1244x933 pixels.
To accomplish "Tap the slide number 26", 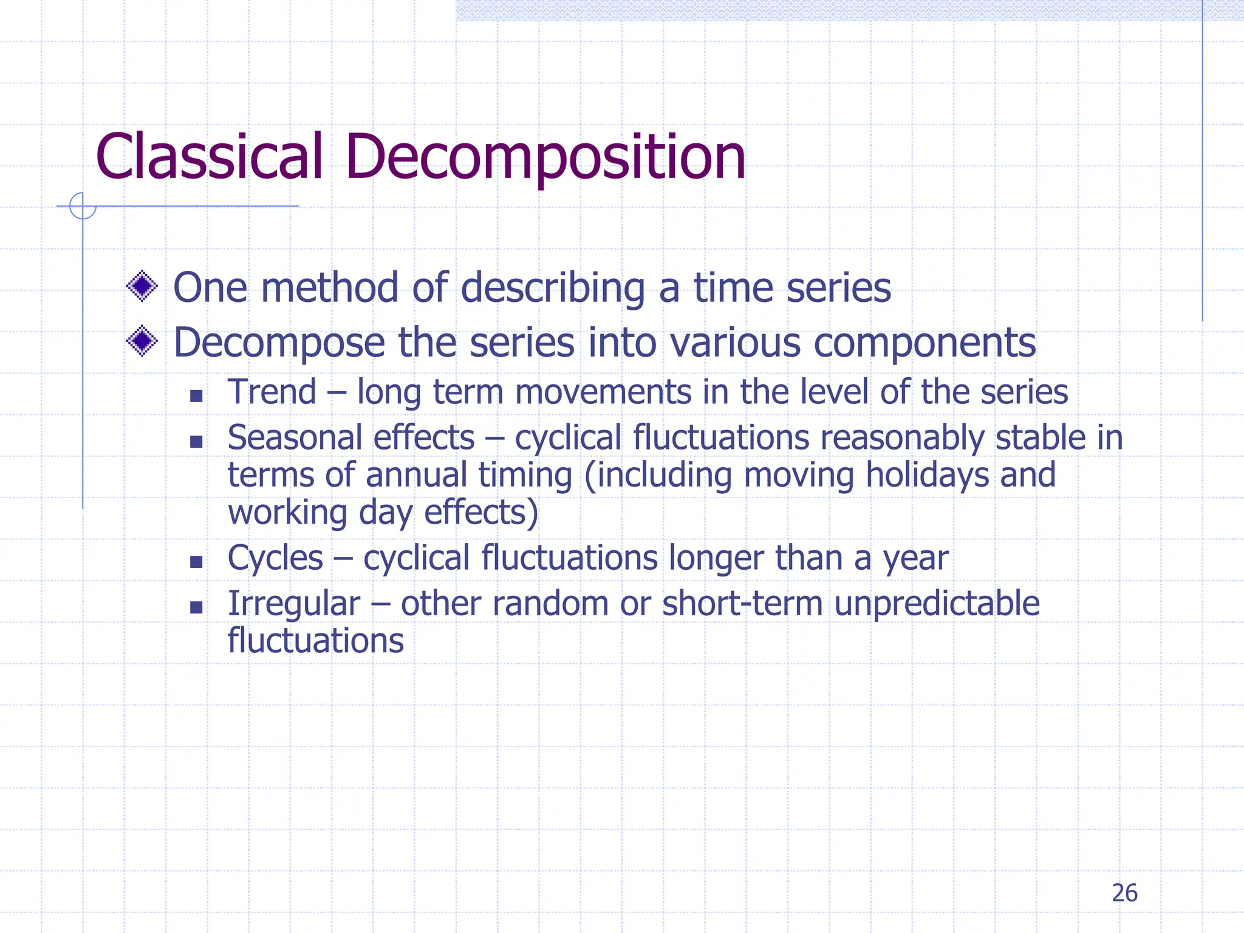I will point(1124,893).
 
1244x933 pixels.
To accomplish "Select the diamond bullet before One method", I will point(142,285).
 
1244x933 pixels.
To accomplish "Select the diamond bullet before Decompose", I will point(142,341).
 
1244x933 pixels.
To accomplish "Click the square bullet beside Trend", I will point(196,396).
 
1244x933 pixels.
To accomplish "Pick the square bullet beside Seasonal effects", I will point(196,442).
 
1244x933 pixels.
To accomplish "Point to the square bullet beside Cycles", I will point(196,562).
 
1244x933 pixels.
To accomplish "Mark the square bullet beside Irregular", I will point(196,607).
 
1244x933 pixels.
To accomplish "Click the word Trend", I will point(272,392).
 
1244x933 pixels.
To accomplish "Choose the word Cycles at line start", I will point(275,558).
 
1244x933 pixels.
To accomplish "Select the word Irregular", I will point(294,604).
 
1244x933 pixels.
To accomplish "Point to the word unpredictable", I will point(937,604).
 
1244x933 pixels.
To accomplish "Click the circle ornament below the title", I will point(83,206).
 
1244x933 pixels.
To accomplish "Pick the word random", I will point(550,604).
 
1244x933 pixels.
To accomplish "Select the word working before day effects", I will point(287,512).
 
